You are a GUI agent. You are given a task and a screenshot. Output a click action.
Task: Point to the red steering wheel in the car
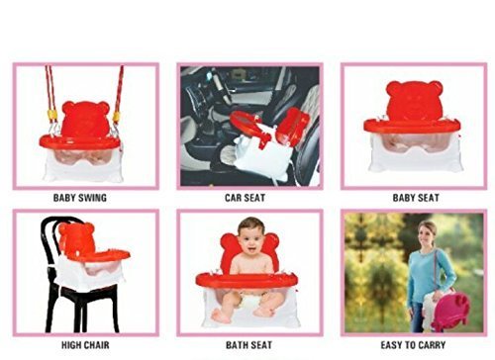[x=245, y=123]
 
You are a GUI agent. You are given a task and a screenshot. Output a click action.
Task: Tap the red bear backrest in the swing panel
[x=86, y=117]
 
